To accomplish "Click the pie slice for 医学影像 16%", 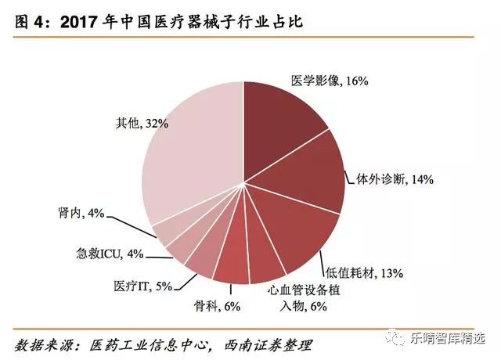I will (x=282, y=117).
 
